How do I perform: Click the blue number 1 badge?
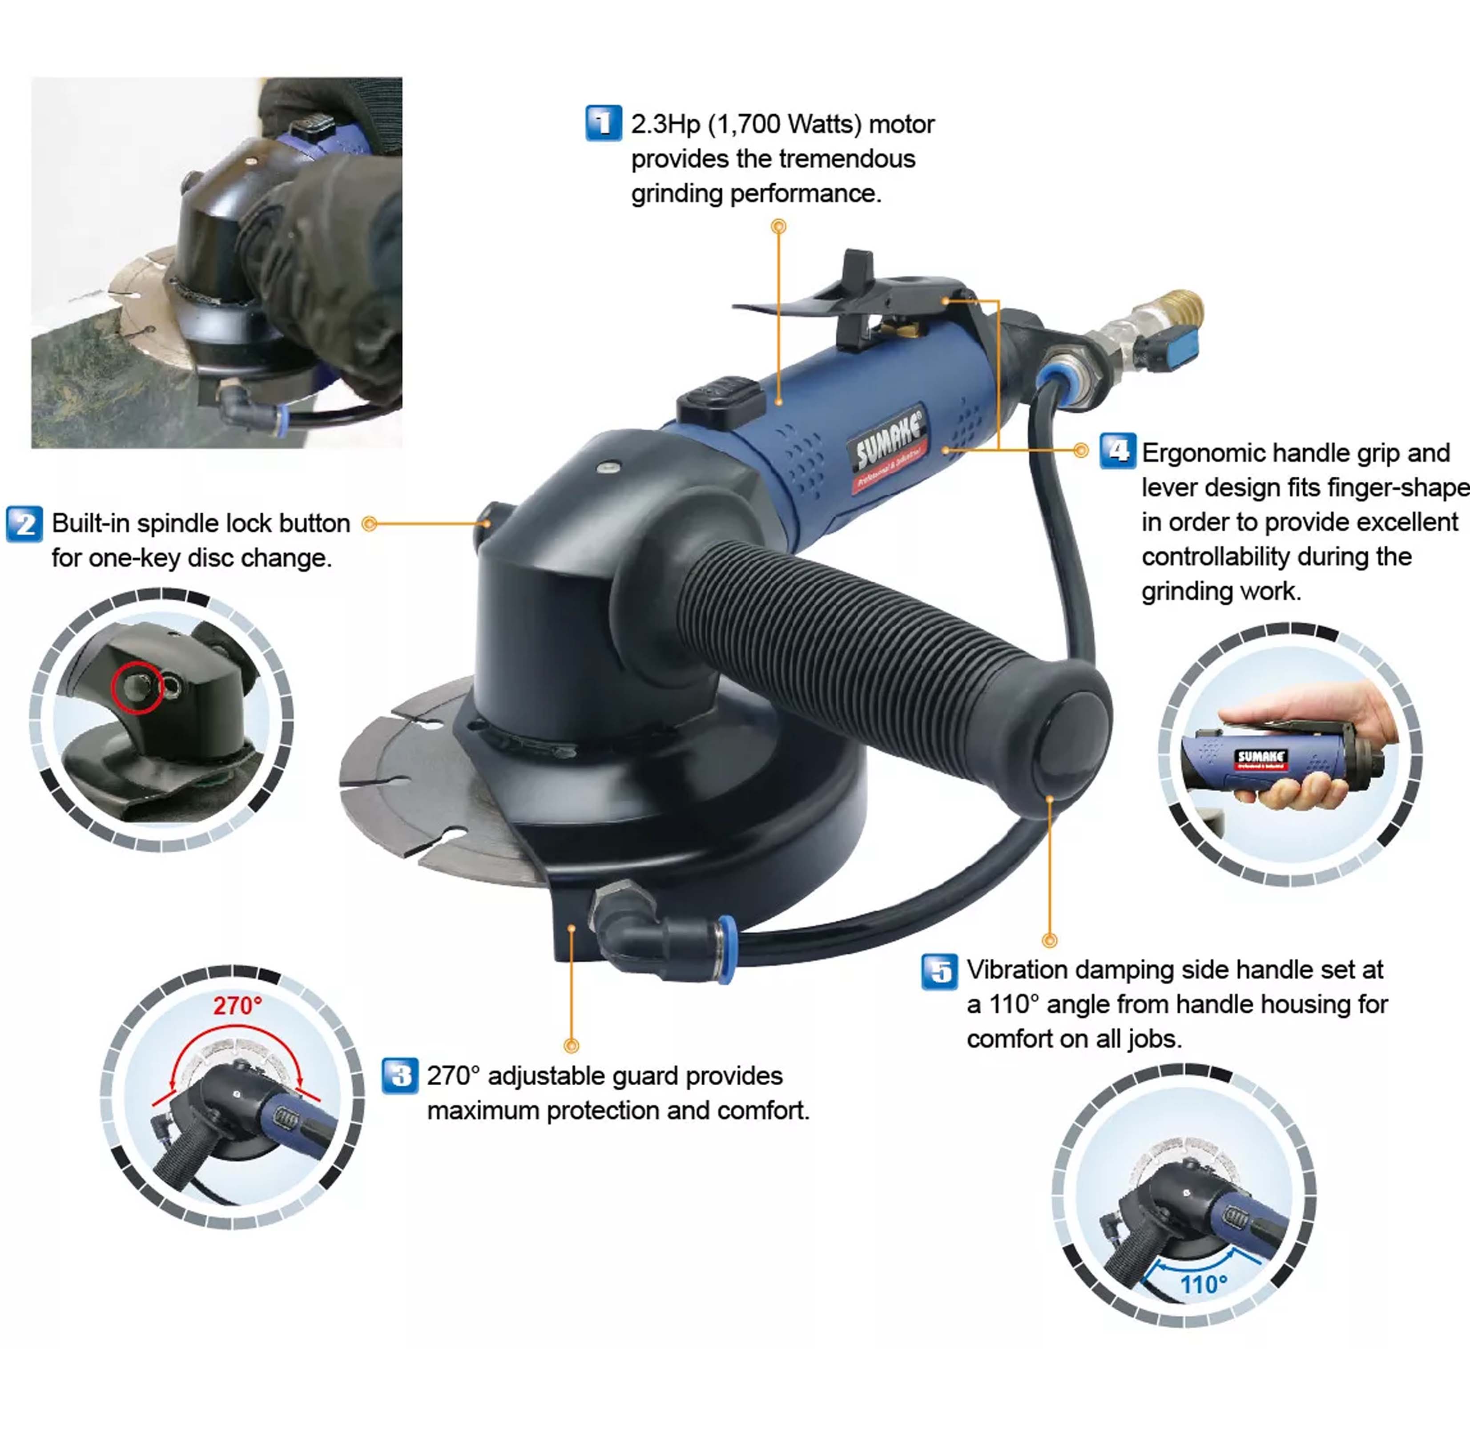[604, 123]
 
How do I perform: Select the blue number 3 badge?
[399, 1076]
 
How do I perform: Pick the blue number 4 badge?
[1118, 452]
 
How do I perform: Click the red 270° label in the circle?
[238, 1006]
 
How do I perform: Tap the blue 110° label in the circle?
[1204, 1285]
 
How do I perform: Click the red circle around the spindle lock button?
[138, 688]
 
